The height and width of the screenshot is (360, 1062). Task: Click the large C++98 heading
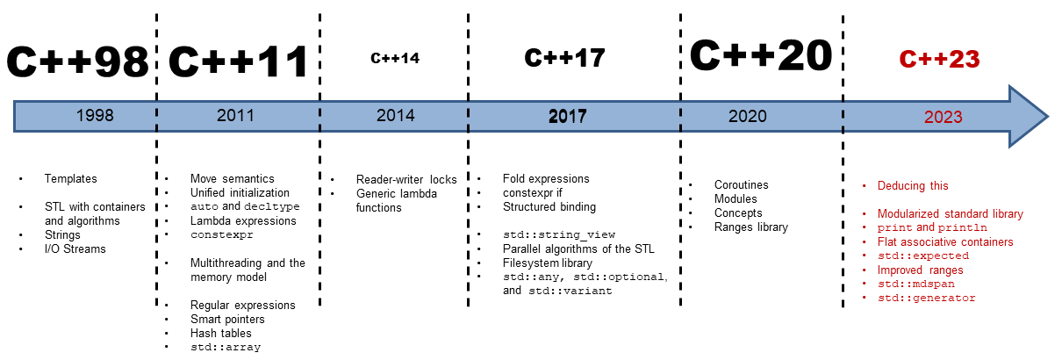(x=77, y=61)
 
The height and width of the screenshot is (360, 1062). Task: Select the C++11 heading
(x=239, y=61)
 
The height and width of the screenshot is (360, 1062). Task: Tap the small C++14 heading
(x=395, y=58)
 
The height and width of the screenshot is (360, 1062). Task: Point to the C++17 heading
(x=564, y=58)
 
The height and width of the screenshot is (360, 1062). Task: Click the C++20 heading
(x=761, y=55)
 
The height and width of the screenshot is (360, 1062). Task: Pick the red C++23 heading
(x=939, y=60)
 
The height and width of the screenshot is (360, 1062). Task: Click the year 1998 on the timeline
(x=95, y=115)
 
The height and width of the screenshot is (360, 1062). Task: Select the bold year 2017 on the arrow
(x=568, y=116)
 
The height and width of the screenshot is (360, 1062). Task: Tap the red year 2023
(x=943, y=117)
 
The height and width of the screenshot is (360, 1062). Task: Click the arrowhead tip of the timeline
(x=1048, y=117)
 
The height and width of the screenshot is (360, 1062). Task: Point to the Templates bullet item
(x=70, y=179)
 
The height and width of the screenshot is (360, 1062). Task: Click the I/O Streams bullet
(x=75, y=249)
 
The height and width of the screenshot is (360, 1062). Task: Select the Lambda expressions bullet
(x=243, y=221)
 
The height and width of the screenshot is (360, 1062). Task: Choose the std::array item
(x=226, y=347)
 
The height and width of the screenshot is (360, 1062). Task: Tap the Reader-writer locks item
(x=406, y=180)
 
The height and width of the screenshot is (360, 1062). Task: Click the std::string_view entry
(x=559, y=234)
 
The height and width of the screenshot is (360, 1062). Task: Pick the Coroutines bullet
(x=741, y=185)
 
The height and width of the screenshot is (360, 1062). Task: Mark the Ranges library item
(x=751, y=227)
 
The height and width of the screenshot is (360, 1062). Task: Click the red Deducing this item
(x=913, y=186)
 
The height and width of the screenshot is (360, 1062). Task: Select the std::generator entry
(x=927, y=298)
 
